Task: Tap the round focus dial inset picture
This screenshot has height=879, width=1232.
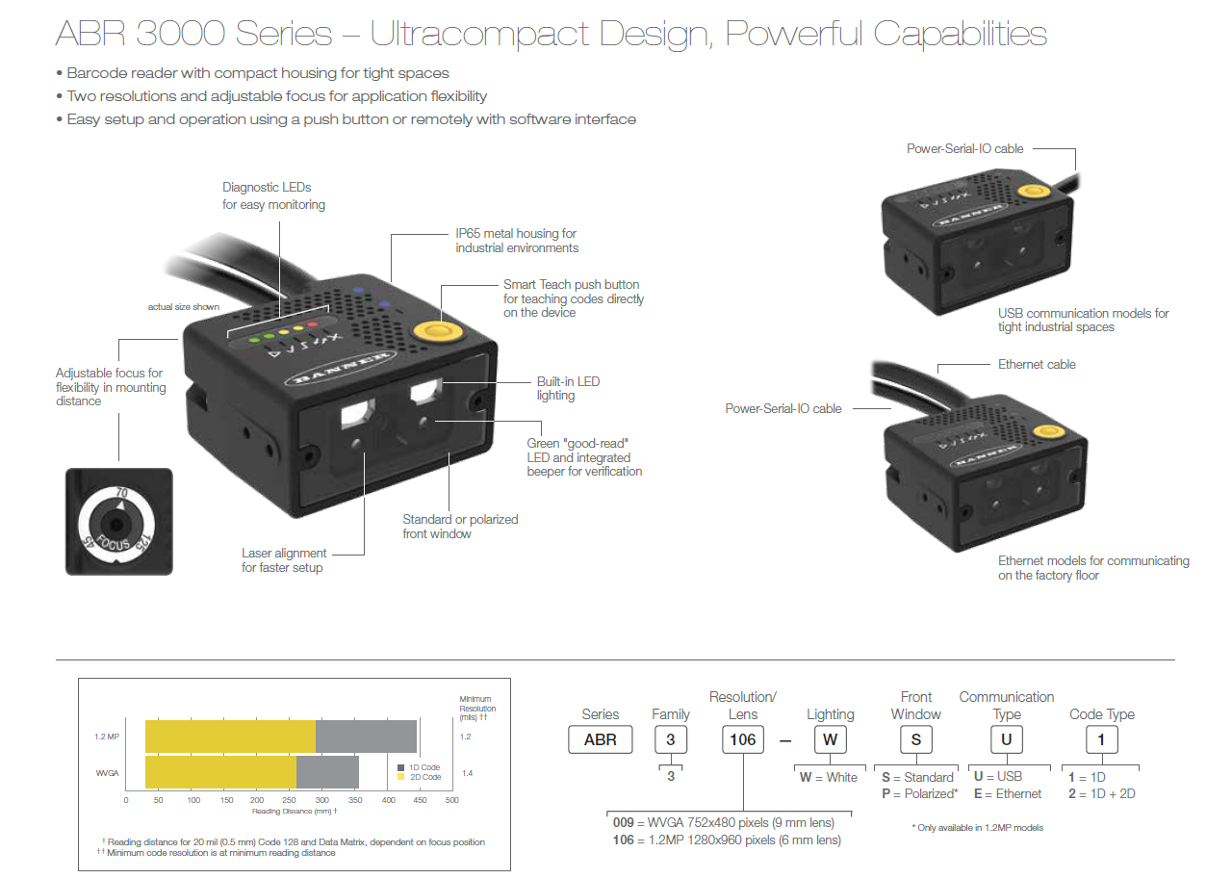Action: click(118, 522)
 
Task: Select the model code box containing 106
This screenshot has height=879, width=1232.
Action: click(743, 739)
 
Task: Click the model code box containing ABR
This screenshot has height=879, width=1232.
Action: click(601, 739)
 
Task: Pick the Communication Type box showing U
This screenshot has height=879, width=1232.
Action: click(1006, 739)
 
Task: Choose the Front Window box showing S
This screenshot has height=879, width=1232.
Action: click(916, 739)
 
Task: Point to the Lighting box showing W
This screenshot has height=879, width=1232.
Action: click(830, 739)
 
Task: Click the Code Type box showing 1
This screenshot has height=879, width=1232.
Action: click(1101, 739)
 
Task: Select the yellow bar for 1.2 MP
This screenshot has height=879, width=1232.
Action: click(230, 736)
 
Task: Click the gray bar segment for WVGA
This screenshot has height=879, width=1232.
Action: click(327, 772)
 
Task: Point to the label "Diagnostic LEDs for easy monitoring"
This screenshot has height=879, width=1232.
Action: click(273, 195)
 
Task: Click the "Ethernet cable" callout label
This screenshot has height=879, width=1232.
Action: click(1037, 364)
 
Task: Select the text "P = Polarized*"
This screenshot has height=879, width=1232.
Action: click(919, 794)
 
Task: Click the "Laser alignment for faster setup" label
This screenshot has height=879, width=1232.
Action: click(284, 560)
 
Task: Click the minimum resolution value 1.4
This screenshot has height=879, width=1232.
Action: click(467, 773)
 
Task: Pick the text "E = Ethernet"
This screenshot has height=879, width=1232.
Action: click(1008, 794)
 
